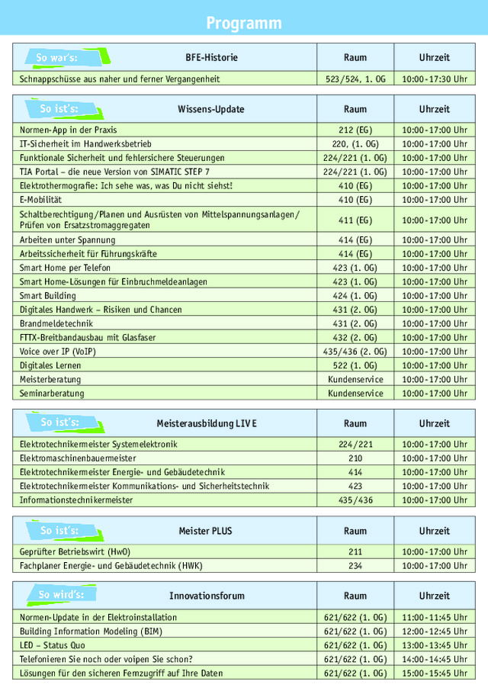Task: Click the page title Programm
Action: coord(243,23)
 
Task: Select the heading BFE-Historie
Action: coord(211,57)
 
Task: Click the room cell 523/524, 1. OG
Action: coord(355,79)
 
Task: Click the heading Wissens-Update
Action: coord(211,109)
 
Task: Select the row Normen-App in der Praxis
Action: coord(69,130)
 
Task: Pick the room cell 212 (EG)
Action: coord(355,130)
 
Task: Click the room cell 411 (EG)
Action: coord(355,220)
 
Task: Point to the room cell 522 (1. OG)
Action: coord(355,365)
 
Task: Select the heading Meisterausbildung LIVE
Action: coord(207,423)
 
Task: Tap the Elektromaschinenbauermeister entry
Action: coord(78,458)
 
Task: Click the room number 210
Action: coord(355,458)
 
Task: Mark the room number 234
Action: coord(355,566)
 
